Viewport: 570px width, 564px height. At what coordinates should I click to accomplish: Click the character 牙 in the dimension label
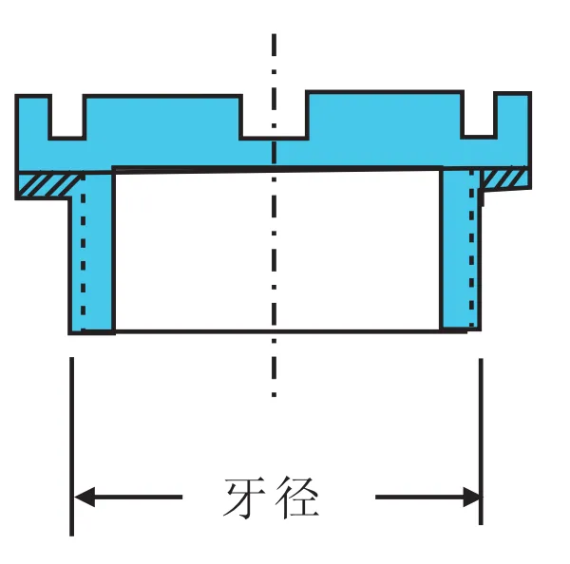pos(244,498)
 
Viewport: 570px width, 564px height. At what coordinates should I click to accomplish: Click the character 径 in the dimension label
pos(296,498)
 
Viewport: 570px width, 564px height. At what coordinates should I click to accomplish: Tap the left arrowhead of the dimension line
pos(85,497)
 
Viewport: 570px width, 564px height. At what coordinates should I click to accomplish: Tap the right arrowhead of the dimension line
pos(472,497)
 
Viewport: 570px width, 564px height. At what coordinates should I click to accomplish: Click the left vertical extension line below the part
pos(72,446)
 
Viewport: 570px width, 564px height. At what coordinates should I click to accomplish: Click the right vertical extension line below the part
pos(481,442)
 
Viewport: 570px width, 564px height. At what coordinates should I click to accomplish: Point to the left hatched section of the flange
pos(48,185)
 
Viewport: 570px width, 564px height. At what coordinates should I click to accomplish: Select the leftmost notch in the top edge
pos(67,117)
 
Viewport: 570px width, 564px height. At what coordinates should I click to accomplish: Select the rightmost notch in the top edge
pos(479,114)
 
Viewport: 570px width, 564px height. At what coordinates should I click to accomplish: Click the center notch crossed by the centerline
pos(275,116)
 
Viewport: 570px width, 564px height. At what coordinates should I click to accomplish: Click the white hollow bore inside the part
pos(277,251)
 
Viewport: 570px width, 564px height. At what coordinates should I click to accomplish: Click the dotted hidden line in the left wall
pos(84,251)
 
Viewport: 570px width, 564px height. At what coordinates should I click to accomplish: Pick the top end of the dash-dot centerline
pos(274,34)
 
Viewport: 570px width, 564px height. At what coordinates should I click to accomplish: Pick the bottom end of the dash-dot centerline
pos(274,395)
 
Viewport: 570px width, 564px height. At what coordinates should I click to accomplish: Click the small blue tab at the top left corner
pos(33,116)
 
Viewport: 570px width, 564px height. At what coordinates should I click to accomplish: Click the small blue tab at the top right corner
pos(513,114)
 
